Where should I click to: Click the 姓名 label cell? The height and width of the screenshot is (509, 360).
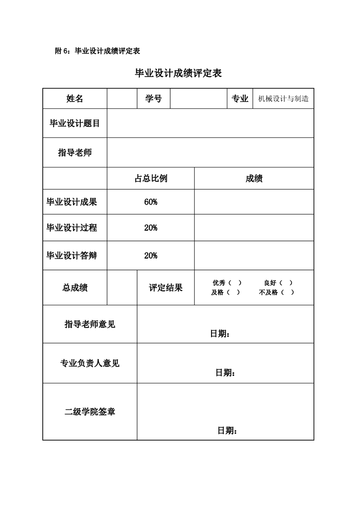coord(75,99)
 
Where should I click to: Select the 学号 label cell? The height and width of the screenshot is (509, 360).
coord(153,99)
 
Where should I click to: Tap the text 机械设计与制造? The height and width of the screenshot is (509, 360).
coord(283,99)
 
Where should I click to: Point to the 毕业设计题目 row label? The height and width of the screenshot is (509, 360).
coord(75,123)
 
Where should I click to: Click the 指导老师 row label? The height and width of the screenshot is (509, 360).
coord(75,153)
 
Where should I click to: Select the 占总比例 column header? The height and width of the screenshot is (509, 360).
coord(151,179)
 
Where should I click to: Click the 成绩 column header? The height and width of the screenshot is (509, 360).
coord(254,179)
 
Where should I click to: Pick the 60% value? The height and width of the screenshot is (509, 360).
coord(151,202)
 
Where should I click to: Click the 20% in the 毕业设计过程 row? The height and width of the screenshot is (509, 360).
coord(151,228)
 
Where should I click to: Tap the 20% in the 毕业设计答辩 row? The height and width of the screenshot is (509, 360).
coord(151,256)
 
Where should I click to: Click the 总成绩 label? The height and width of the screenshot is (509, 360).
coord(75,288)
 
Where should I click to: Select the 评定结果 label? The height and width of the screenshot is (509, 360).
coord(166,288)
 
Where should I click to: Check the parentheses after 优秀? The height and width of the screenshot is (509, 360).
coord(235,283)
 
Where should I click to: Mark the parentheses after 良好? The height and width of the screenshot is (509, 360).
coord(286,283)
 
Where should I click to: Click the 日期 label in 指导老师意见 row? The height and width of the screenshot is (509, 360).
coord(220,334)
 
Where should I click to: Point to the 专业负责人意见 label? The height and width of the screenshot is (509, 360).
coord(90,363)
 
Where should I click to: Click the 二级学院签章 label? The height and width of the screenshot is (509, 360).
coord(90,412)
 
